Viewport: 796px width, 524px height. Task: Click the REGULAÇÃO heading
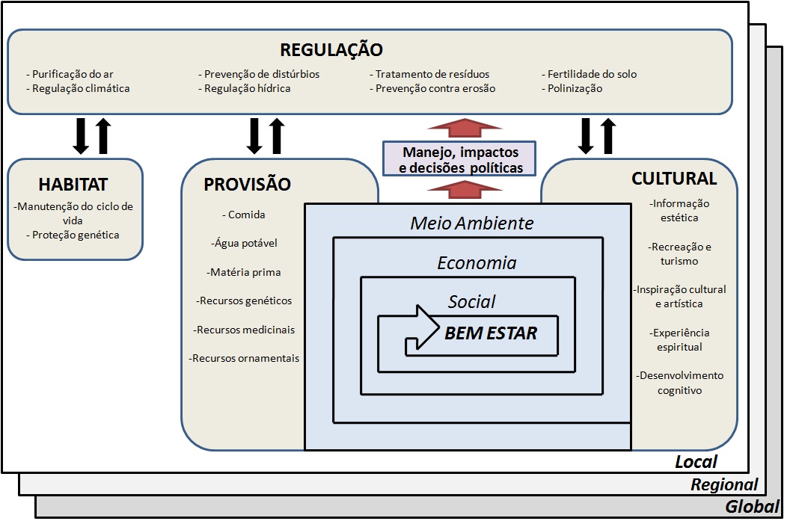pyautogui.click(x=331, y=50)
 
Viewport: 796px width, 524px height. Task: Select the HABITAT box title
pyautogui.click(x=73, y=184)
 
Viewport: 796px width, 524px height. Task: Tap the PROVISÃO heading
pyautogui.click(x=248, y=185)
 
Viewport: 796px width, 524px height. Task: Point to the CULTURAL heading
pyautogui.click(x=674, y=179)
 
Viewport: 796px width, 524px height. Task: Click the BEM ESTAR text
pyautogui.click(x=491, y=333)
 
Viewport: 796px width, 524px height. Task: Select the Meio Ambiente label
pyautogui.click(x=472, y=223)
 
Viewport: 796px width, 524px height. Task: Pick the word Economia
pyautogui.click(x=477, y=262)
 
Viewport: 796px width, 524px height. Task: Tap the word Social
pyautogui.click(x=472, y=301)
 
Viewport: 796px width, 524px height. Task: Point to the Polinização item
pyautogui.click(x=575, y=88)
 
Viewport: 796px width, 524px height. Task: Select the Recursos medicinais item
pyautogui.click(x=245, y=330)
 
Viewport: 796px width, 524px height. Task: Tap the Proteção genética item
pyautogui.click(x=76, y=235)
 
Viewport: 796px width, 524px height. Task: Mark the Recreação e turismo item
pyautogui.click(x=679, y=253)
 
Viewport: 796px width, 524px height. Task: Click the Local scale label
pyautogui.click(x=696, y=462)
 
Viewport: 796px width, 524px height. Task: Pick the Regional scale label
pyautogui.click(x=723, y=484)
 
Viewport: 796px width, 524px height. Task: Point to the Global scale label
pyautogui.click(x=752, y=508)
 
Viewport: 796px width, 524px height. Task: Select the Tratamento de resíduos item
pyautogui.click(x=432, y=74)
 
